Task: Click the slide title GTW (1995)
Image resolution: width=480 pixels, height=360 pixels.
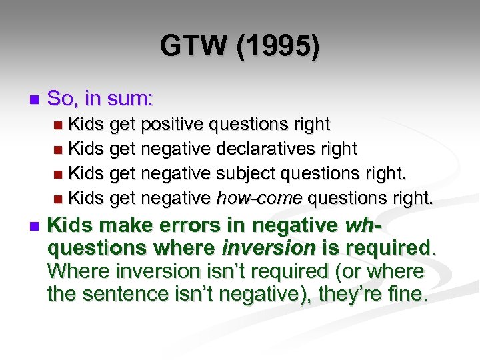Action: [239, 47]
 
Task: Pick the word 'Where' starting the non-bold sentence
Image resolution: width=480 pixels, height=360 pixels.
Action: [75, 271]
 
